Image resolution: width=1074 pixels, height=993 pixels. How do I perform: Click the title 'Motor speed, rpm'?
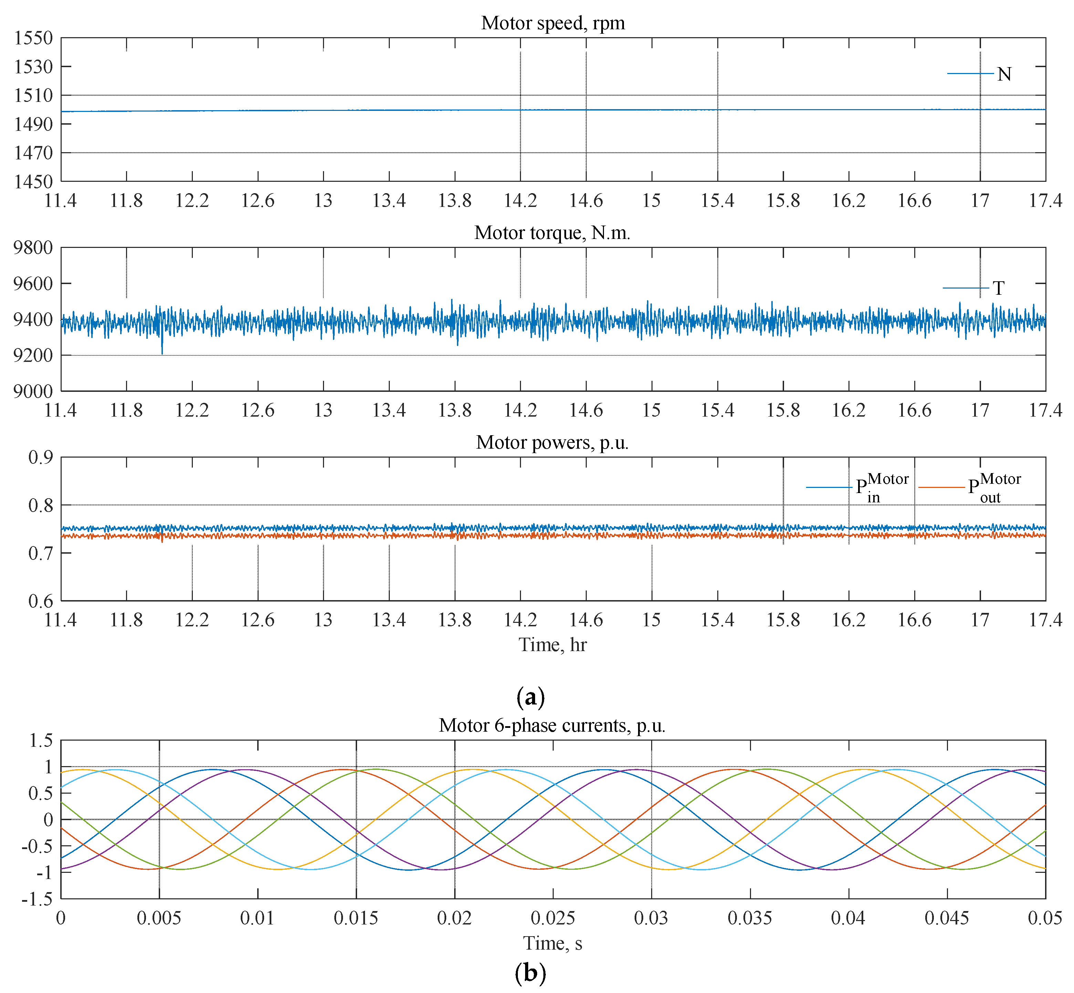[553, 23]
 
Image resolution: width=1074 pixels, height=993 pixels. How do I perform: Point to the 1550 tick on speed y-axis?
[33, 38]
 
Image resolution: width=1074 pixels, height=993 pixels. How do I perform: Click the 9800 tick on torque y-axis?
[33, 248]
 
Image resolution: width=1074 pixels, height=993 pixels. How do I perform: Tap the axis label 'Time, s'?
[552, 943]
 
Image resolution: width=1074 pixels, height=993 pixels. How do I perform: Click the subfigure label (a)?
[530, 698]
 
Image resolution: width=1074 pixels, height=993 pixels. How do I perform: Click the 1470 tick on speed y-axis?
[33, 153]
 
